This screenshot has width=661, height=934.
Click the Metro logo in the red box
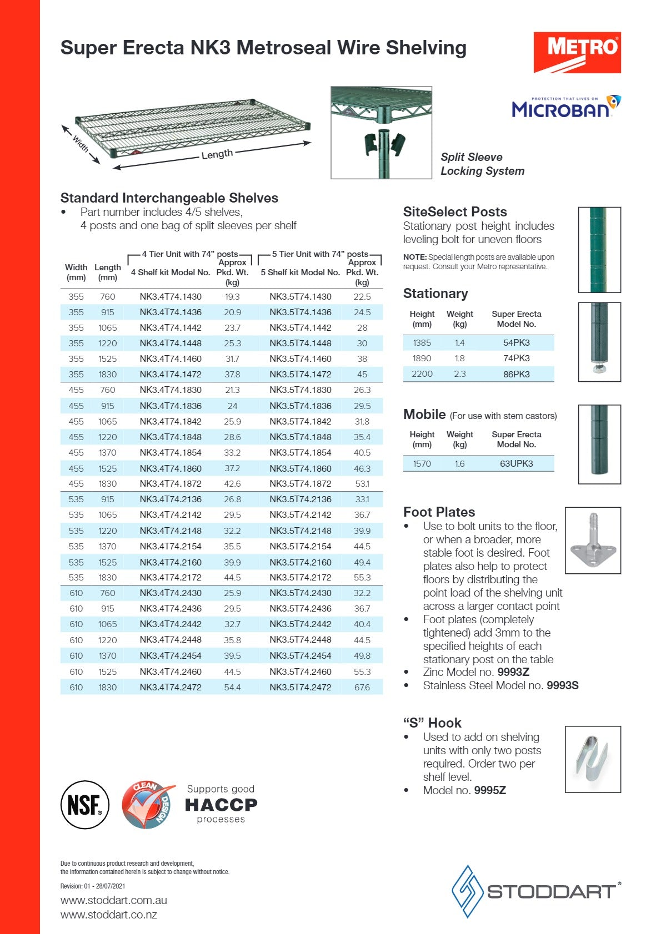[577, 52]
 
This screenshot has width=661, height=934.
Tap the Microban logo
[565, 107]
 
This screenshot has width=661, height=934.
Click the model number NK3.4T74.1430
[171, 297]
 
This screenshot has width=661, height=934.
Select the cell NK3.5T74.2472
[300, 687]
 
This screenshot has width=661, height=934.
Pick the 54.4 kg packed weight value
[232, 687]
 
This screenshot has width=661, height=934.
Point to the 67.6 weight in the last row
[362, 687]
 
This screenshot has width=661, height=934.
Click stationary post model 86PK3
[516, 374]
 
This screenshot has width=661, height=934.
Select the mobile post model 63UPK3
[516, 463]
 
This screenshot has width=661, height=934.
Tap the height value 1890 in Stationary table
[422, 359]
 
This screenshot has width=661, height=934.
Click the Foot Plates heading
[439, 512]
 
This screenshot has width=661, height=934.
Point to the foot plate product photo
[593, 541]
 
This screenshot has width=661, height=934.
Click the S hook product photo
[593, 759]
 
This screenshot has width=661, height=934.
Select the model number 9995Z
[490, 790]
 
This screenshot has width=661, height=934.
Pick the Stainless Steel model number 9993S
[562, 685]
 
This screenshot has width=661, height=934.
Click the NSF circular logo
[84, 805]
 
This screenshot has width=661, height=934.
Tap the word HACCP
[221, 805]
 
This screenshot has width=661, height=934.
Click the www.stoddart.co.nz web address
[109, 915]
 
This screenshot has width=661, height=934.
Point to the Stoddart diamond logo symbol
[467, 891]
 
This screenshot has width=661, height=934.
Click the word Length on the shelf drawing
[217, 154]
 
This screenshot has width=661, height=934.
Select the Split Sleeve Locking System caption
[482, 164]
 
